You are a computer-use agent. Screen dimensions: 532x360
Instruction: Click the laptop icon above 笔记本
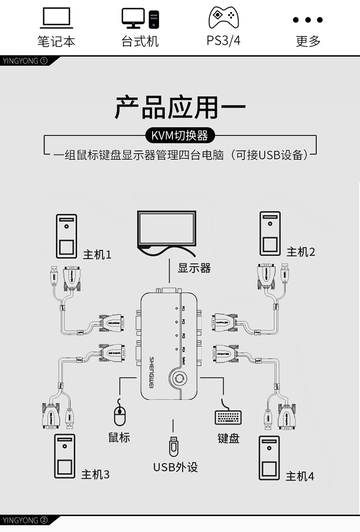coord(57,19)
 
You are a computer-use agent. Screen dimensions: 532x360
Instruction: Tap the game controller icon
coord(224,18)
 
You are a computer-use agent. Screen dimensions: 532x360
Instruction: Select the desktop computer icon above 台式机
coord(140,19)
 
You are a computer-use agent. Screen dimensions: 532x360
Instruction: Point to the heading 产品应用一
coord(180,107)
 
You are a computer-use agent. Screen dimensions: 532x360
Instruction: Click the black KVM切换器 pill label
coord(180,136)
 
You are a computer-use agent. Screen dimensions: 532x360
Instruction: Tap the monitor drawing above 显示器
coord(166,230)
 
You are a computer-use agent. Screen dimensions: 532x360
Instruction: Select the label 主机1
coord(97,254)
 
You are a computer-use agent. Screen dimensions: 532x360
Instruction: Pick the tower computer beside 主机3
coord(65,456)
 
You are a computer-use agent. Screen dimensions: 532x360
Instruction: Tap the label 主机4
coord(300,476)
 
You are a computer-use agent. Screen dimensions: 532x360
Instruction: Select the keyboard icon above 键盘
coord(228,417)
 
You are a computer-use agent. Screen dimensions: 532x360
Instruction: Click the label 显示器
coord(194,268)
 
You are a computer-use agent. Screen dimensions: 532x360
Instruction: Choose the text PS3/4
coord(224,40)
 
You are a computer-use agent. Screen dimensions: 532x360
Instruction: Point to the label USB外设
coord(175,467)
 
